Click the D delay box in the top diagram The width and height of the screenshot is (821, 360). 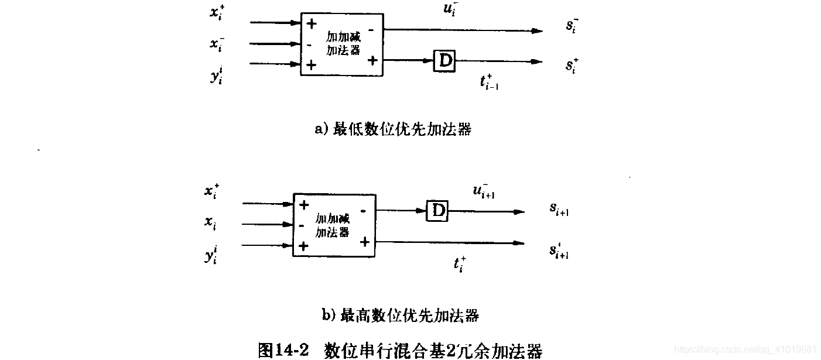coord(445,61)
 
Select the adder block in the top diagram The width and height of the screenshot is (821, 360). coord(342,44)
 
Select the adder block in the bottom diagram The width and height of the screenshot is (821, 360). coord(334,225)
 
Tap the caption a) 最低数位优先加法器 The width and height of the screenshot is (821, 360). coord(393,129)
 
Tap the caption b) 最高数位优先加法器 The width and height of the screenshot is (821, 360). coord(401,316)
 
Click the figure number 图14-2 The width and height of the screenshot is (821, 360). coord(283,350)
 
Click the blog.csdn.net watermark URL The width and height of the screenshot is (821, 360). coord(745,349)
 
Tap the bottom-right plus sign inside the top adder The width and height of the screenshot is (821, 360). coord(372,60)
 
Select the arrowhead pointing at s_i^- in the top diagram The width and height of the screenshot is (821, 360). coord(537,30)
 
